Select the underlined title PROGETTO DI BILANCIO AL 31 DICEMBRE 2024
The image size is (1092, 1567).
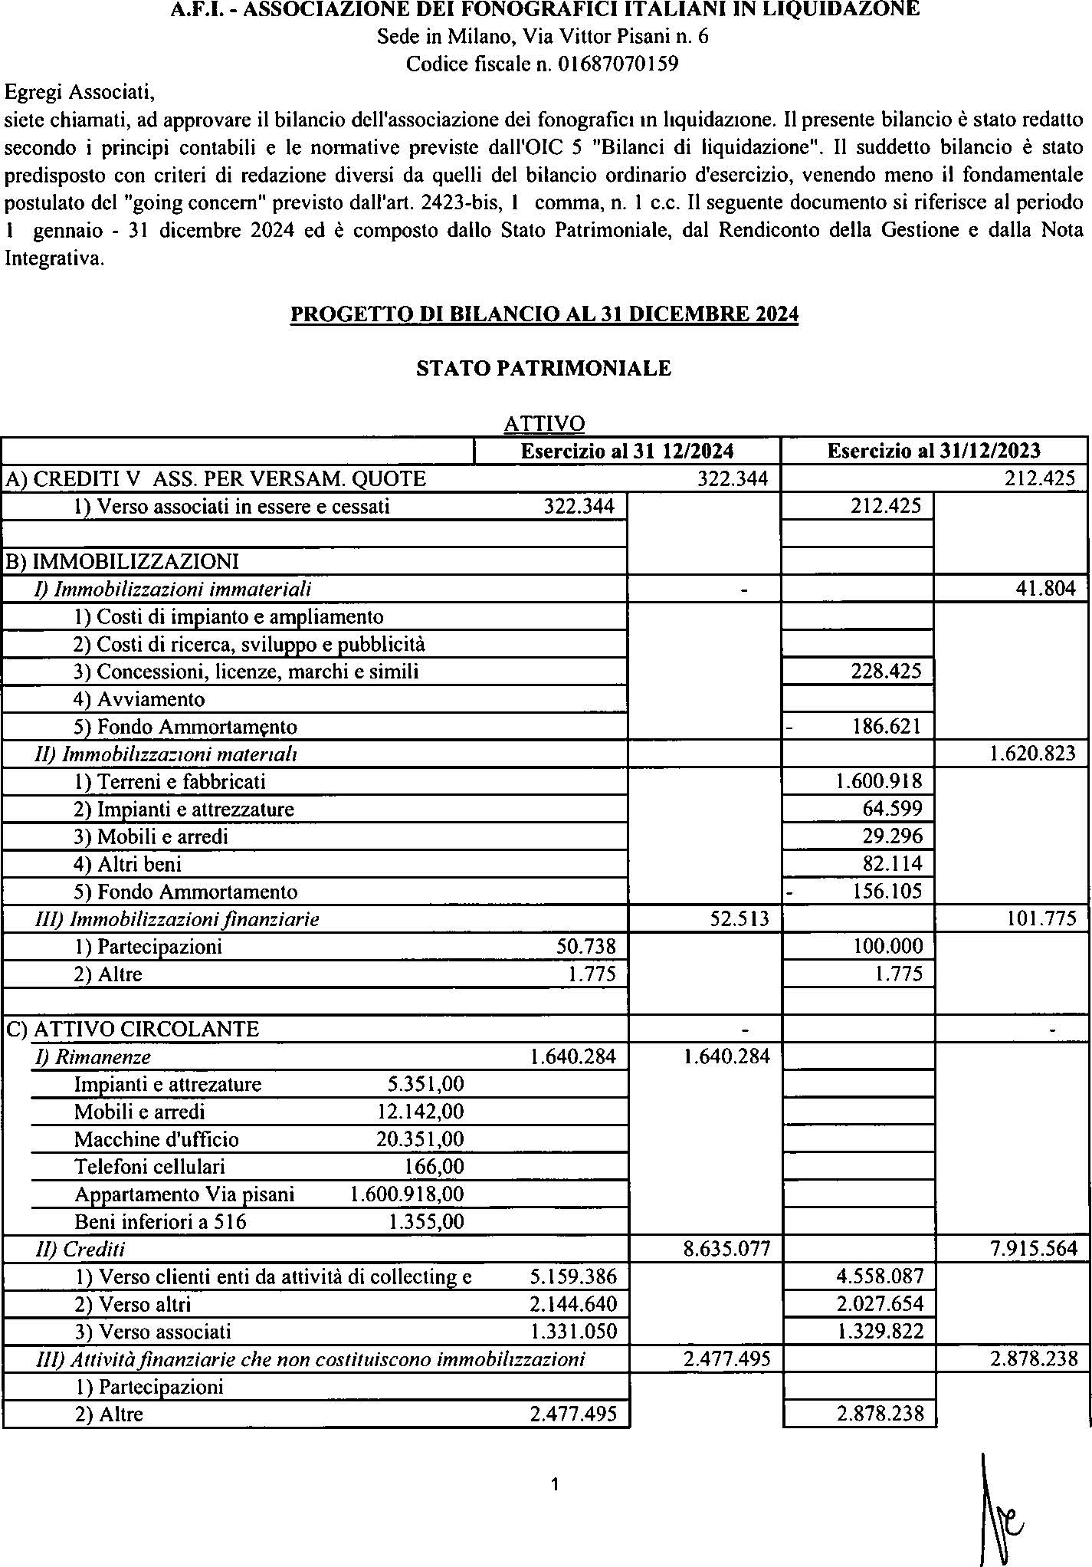[544, 314]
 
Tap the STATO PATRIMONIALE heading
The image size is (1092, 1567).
[543, 369]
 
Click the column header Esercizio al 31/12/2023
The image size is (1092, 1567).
[933, 451]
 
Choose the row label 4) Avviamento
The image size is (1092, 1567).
[139, 699]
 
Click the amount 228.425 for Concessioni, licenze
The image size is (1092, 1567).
[887, 672]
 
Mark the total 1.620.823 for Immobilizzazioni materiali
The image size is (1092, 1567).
[1033, 754]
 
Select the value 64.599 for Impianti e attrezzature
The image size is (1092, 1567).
[892, 809]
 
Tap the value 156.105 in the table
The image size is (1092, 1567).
[887, 892]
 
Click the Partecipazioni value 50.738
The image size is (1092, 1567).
[585, 947]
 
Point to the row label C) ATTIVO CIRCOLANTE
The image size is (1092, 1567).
[132, 1029]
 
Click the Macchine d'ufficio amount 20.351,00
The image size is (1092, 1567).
[420, 1139]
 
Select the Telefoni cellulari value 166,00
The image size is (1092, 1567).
[433, 1167]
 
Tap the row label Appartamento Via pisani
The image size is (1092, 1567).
[184, 1194]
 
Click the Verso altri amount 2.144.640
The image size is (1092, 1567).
[573, 1304]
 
